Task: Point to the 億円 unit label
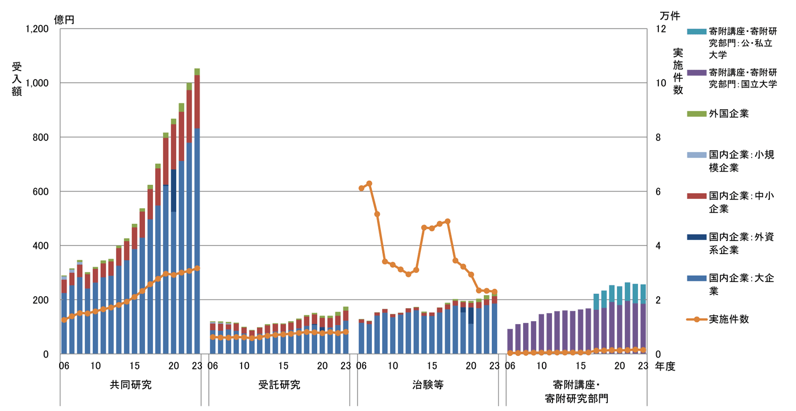(64, 19)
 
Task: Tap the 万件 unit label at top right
(669, 15)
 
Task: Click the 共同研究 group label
(131, 385)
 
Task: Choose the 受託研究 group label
(279, 385)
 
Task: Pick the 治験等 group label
(428, 385)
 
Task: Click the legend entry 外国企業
(728, 114)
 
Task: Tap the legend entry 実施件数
(728, 319)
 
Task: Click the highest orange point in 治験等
(369, 183)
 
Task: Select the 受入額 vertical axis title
(17, 79)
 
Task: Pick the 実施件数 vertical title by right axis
(678, 71)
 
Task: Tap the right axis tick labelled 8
(660, 138)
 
